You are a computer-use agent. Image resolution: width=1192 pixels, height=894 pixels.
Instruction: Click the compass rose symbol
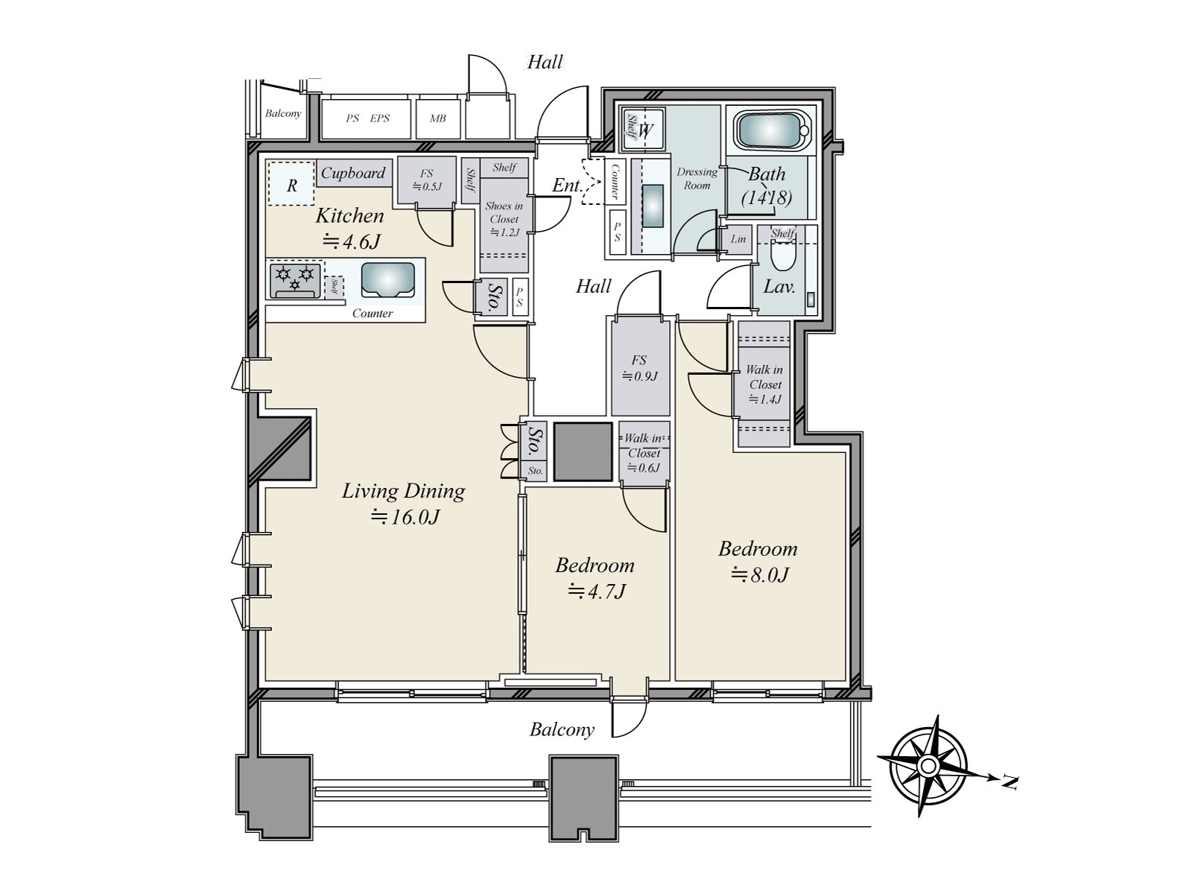pos(928,765)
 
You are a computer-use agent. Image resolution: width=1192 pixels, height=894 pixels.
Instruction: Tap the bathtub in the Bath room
pos(773,130)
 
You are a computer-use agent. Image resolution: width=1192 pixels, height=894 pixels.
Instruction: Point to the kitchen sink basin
pos(387,280)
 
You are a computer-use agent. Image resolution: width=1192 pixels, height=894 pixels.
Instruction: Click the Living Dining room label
pos(403,503)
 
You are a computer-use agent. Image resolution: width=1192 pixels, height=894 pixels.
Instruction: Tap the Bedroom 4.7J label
pos(595,577)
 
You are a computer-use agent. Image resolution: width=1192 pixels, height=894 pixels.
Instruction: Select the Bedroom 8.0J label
pos(758,561)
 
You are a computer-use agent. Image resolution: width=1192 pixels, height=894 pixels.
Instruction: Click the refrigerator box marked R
pos(291,184)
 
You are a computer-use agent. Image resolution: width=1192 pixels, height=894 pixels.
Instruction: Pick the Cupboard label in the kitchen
pos(353,173)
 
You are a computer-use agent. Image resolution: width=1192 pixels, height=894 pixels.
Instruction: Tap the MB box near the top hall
pos(438,118)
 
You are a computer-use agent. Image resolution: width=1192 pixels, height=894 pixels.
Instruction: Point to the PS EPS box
pos(367,118)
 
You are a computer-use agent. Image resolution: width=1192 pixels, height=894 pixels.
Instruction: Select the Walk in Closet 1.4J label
pos(764,384)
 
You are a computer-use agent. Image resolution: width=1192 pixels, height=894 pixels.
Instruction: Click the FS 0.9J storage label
pos(640,368)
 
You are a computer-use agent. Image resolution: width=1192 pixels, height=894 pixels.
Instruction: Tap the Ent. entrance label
pos(567,186)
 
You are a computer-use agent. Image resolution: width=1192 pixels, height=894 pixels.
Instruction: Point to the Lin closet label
pos(738,239)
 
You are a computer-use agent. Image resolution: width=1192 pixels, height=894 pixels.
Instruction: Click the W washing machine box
pos(646,130)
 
